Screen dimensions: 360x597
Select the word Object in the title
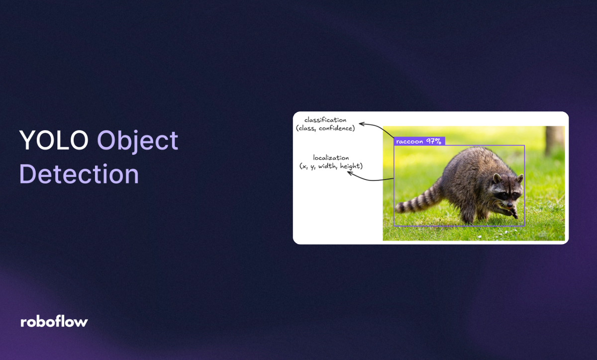(x=137, y=142)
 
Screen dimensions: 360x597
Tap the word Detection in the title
(x=79, y=175)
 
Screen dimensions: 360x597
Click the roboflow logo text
(x=54, y=322)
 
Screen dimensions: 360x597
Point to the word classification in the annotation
(x=325, y=120)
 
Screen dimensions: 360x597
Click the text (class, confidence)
(x=325, y=128)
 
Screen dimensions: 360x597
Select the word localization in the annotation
(x=331, y=158)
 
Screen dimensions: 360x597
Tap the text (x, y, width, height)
(x=331, y=166)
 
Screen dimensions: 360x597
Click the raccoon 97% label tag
(x=419, y=141)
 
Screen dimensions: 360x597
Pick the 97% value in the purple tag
(x=433, y=141)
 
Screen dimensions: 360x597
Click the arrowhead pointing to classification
(x=361, y=124)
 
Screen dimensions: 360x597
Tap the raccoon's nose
(x=509, y=204)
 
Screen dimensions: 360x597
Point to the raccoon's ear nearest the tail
(x=497, y=178)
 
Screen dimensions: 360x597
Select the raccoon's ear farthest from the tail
(x=520, y=178)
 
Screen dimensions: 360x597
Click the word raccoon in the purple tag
(x=409, y=141)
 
